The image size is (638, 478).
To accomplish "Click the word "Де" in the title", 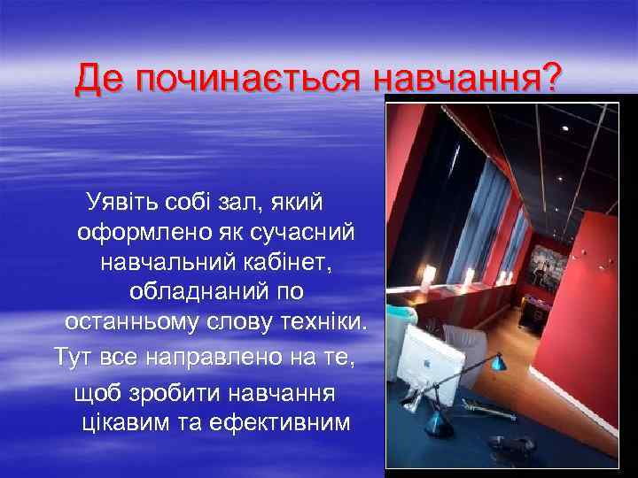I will [x=97, y=80].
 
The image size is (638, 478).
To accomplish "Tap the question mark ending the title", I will [x=549, y=80].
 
